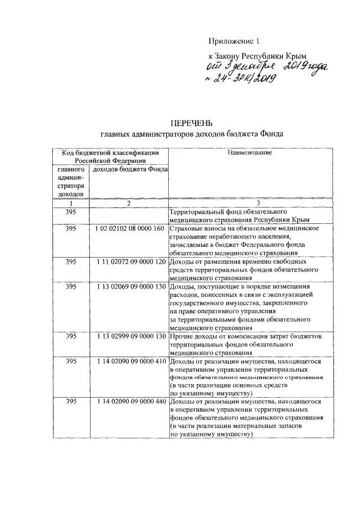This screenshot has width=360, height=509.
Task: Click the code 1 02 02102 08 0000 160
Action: [x=129, y=229]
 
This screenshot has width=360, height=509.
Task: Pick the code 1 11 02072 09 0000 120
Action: [x=129, y=262]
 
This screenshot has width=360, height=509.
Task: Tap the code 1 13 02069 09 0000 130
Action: [x=129, y=286]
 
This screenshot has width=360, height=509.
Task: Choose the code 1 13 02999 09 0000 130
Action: [x=129, y=336]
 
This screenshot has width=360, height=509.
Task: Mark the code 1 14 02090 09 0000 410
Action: [x=129, y=361]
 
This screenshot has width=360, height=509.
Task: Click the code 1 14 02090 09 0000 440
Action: [x=129, y=402]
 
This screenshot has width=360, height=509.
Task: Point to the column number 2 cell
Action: [x=129, y=203]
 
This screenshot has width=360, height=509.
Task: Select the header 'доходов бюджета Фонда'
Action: [x=129, y=170]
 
